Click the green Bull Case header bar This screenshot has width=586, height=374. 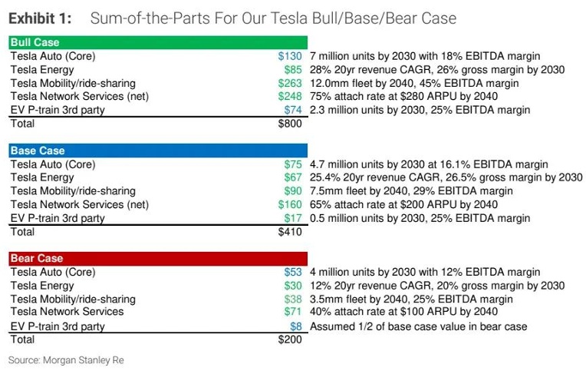pos(158,43)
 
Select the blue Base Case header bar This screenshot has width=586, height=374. pos(158,151)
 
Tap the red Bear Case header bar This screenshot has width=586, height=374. pos(158,258)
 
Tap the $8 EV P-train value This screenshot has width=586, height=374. pos(298,326)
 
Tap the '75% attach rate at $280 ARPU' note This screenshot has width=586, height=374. pos(403,96)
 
